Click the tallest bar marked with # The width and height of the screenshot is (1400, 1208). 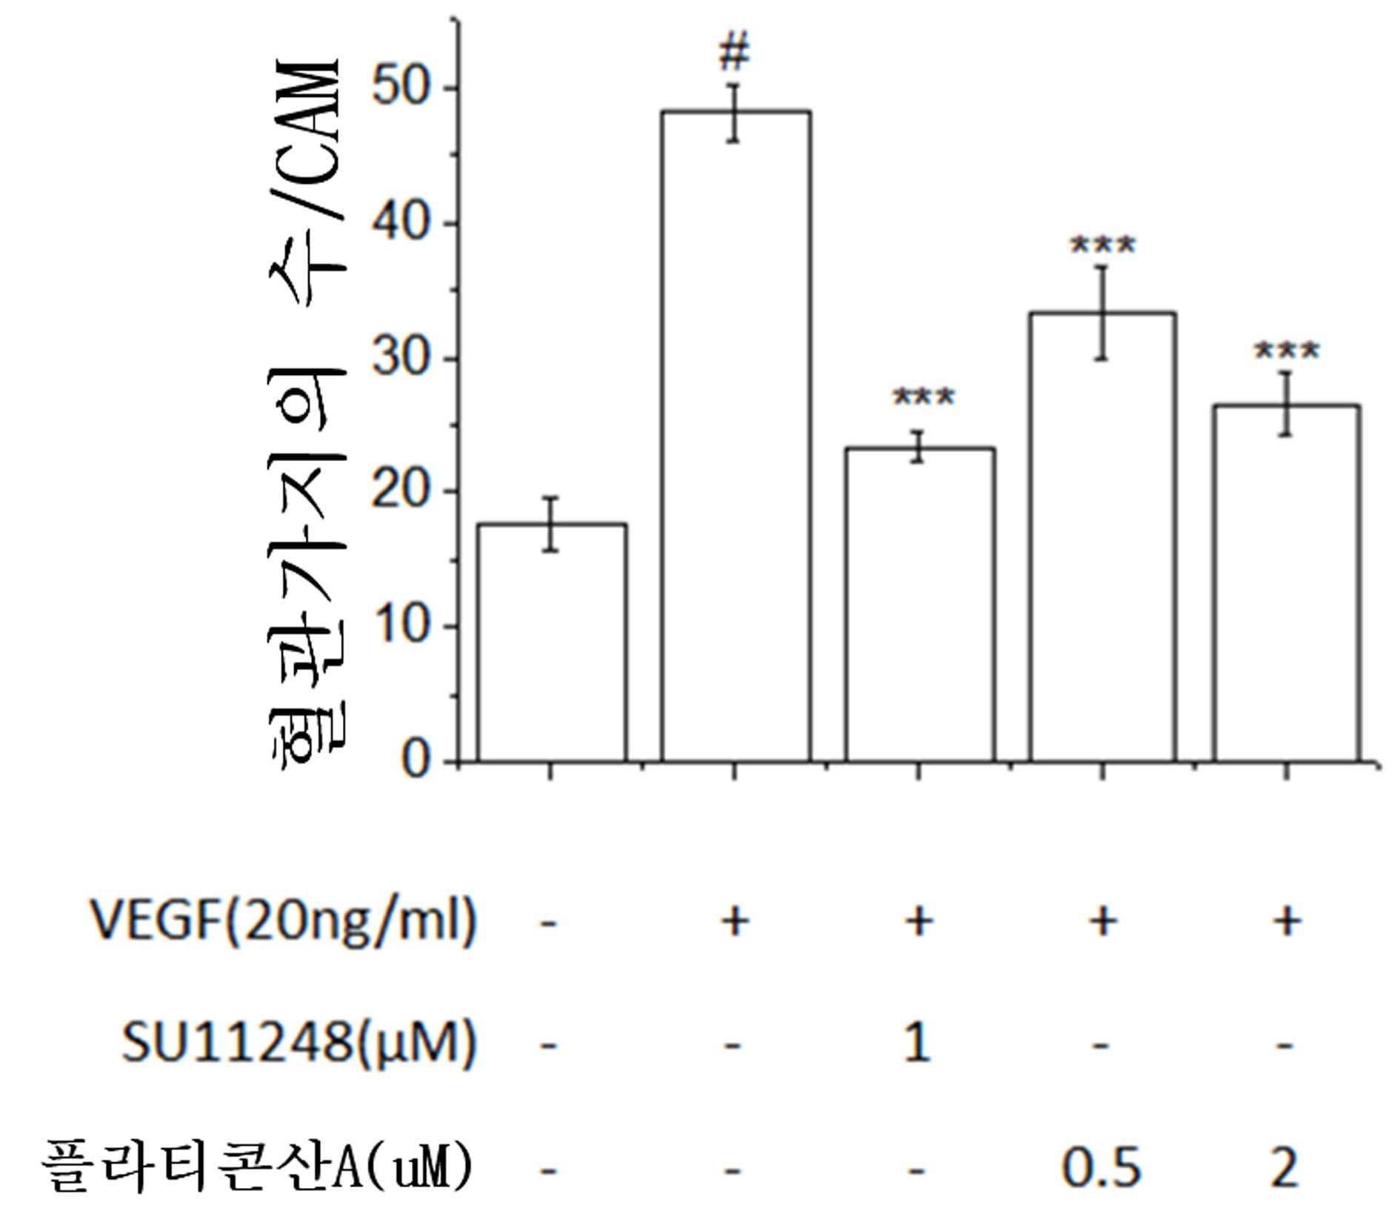736,437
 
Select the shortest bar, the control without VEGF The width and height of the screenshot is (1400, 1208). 552,643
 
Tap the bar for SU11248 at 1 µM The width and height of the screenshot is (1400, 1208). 919,605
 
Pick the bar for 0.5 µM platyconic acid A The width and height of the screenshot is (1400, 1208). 1102,537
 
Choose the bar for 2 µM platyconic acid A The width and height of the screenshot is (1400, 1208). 1287,583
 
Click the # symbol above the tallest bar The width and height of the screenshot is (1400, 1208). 735,52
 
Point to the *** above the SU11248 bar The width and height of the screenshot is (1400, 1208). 924,398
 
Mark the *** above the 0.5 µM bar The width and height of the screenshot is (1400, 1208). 1102,245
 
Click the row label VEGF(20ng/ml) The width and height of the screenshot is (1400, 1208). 282,921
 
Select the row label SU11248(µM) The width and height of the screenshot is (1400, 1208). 298,1043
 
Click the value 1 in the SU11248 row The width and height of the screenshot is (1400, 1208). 917,1043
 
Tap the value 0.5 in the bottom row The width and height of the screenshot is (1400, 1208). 1101,1167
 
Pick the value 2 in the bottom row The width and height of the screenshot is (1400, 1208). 1284,1167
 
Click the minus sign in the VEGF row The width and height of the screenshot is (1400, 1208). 548,923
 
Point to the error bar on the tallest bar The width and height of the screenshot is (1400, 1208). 734,113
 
